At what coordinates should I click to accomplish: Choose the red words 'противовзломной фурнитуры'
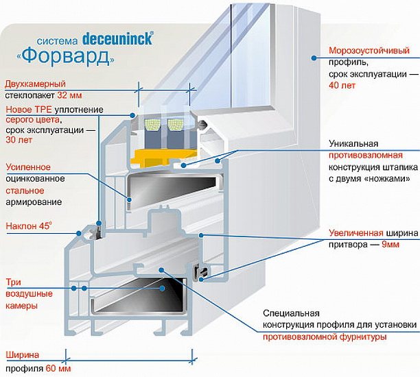click(x=324, y=337)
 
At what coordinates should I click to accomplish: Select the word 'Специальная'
click(x=287, y=312)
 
